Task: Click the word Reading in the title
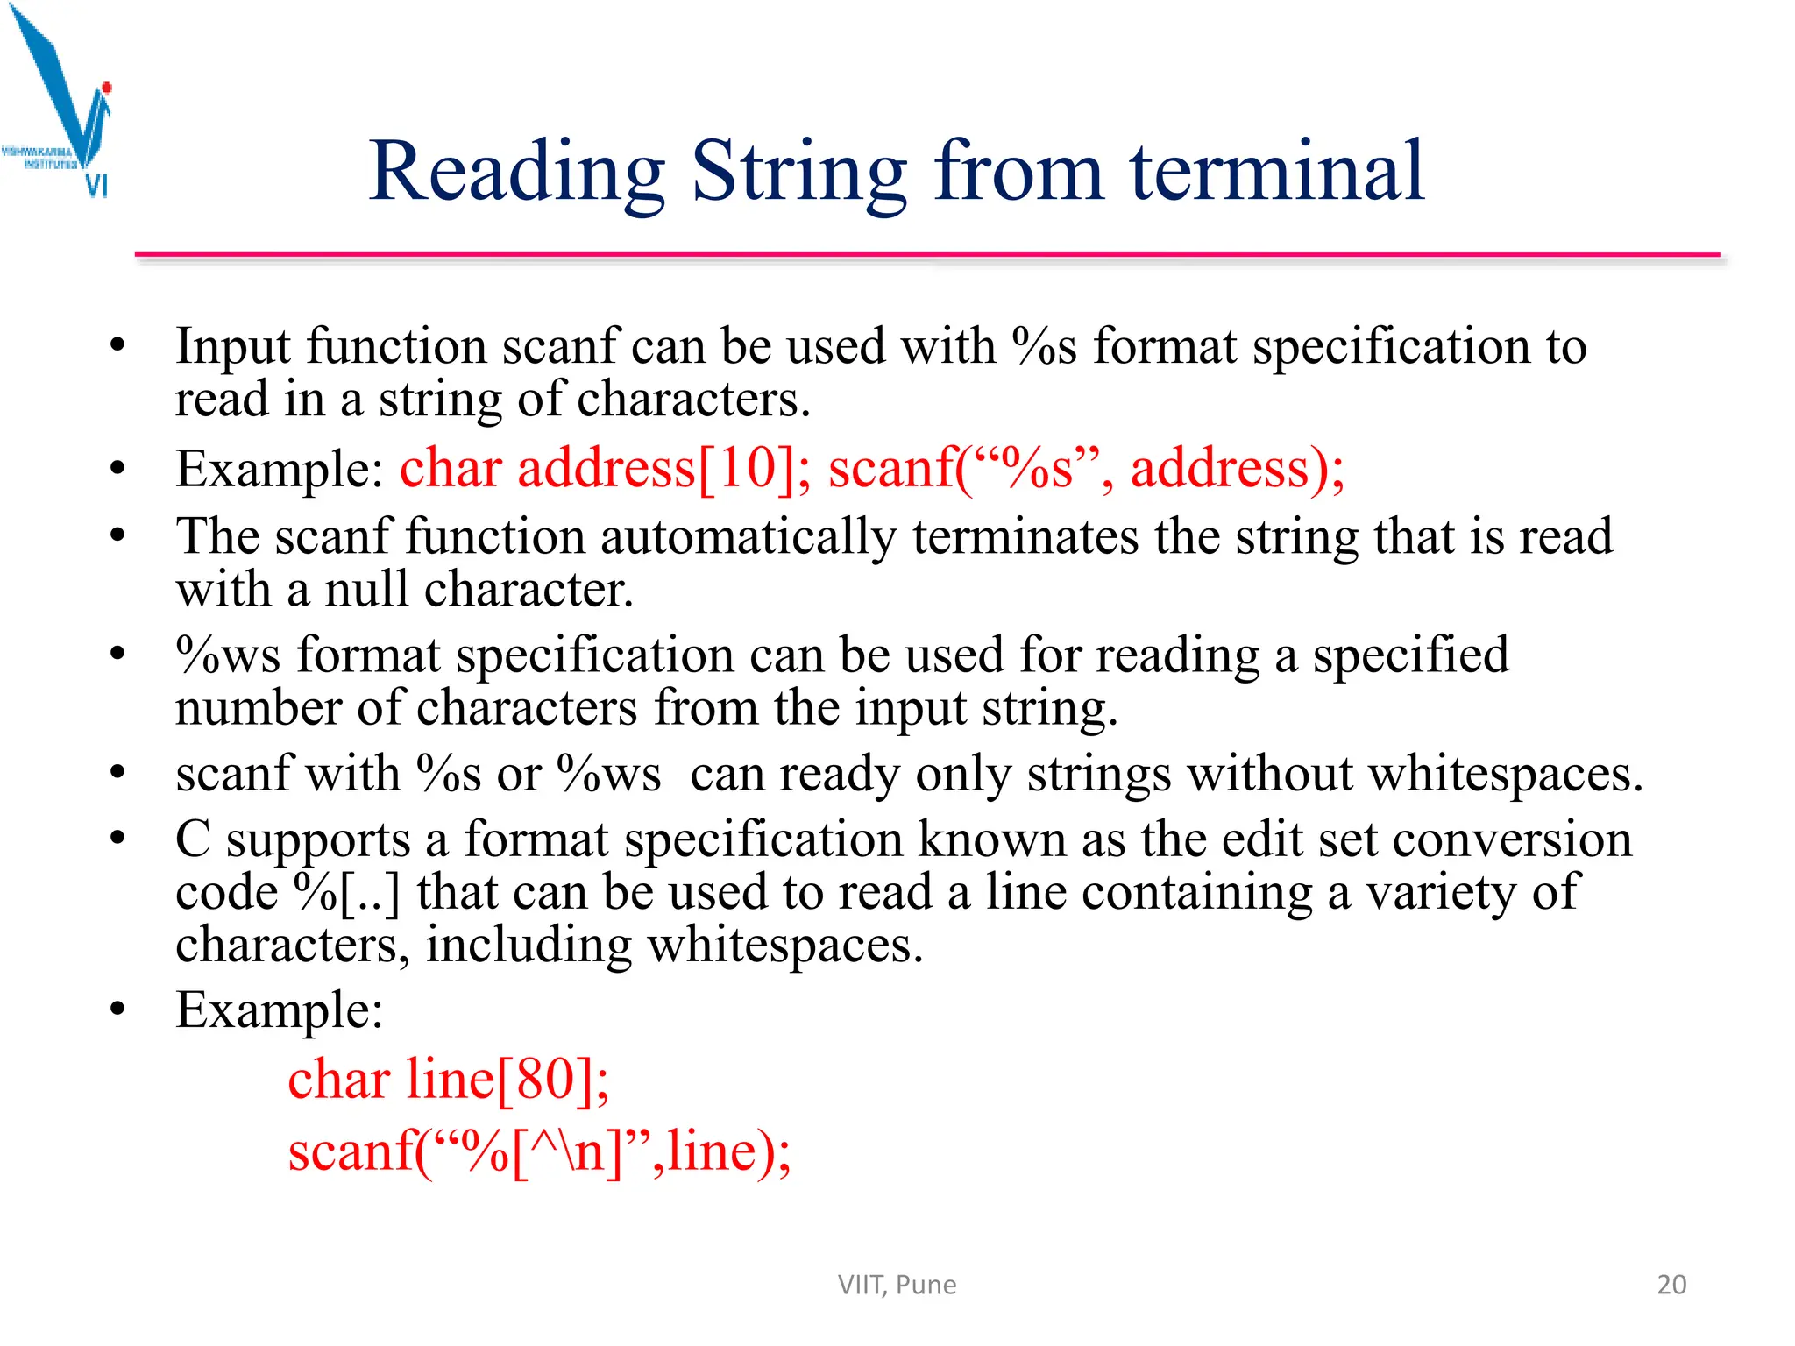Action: click(516, 173)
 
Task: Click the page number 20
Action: click(1671, 1284)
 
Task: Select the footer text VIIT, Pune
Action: click(897, 1285)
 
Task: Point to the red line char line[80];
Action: click(448, 1079)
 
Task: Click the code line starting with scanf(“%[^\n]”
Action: click(539, 1151)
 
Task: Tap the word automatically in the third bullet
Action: click(749, 536)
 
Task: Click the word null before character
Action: click(366, 589)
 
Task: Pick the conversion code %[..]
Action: click(347, 893)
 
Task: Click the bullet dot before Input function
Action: click(118, 344)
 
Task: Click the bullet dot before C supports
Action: click(118, 839)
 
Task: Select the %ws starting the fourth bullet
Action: click(228, 655)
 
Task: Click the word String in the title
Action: click(798, 173)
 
